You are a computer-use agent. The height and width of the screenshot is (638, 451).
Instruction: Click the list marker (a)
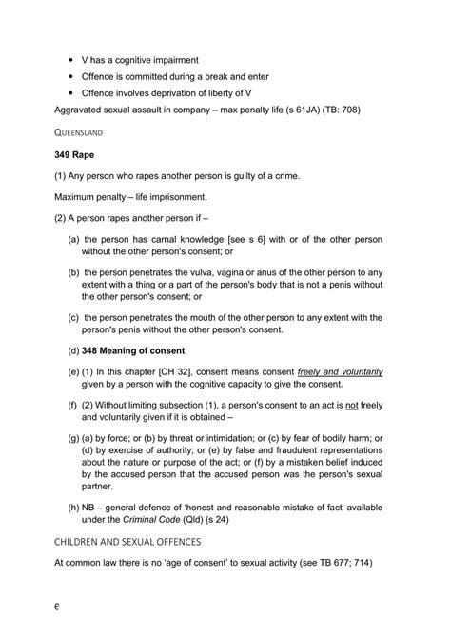coord(73,240)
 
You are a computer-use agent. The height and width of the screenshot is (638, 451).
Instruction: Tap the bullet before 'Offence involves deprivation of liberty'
coord(70,93)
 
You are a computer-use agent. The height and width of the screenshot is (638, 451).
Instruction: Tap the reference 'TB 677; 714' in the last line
coord(341,564)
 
